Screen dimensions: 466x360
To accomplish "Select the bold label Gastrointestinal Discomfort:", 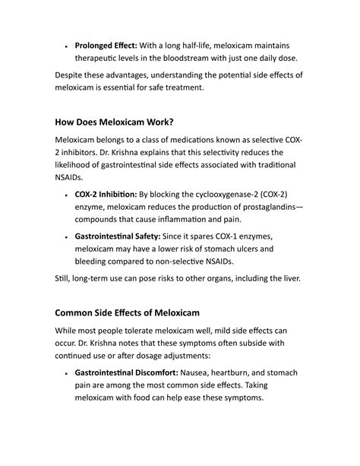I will pyautogui.click(x=126, y=373).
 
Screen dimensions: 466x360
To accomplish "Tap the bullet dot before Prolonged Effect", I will pyautogui.click(x=66, y=46).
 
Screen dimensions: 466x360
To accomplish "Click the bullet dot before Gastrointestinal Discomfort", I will pyautogui.click(x=66, y=374).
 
